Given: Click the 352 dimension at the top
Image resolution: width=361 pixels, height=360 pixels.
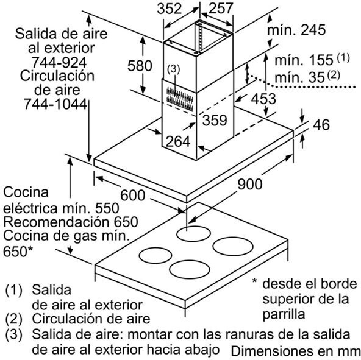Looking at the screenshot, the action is (x=170, y=9).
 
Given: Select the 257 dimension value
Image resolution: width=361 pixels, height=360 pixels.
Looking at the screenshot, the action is (x=221, y=9).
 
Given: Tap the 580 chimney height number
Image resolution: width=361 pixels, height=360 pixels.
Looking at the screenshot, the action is (x=140, y=66).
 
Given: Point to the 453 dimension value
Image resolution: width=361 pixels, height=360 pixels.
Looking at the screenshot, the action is (x=263, y=99).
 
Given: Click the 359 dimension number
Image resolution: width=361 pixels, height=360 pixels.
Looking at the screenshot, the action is (x=215, y=120).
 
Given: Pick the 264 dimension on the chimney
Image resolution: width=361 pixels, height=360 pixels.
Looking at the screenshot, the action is (x=178, y=141).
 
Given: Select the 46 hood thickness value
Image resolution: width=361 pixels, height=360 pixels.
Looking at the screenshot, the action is (x=321, y=125).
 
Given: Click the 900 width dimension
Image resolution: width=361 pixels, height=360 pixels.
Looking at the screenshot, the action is (x=250, y=184).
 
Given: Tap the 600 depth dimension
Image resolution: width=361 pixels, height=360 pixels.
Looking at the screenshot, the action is (x=133, y=196).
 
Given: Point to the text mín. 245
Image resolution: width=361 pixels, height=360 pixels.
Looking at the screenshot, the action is (x=296, y=29).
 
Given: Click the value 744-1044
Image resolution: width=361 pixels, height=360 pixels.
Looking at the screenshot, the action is (x=55, y=104).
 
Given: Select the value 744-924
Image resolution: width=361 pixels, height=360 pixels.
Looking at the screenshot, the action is (x=59, y=62).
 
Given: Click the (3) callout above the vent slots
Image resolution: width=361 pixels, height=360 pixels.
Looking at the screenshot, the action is (x=173, y=69).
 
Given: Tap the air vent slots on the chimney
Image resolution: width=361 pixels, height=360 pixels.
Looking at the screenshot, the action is (x=180, y=99).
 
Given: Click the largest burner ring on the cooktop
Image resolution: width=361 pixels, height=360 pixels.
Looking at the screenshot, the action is (x=233, y=246).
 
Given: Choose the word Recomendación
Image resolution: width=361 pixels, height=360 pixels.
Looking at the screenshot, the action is (x=54, y=222).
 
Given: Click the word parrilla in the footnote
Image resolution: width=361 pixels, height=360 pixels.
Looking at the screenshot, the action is (x=284, y=314).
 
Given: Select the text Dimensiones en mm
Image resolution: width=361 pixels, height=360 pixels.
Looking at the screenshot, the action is (x=296, y=351).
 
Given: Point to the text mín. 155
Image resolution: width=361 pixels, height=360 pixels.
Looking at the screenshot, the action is (x=304, y=60).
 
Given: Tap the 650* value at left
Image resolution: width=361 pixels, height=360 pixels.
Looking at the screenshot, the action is (x=18, y=251).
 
